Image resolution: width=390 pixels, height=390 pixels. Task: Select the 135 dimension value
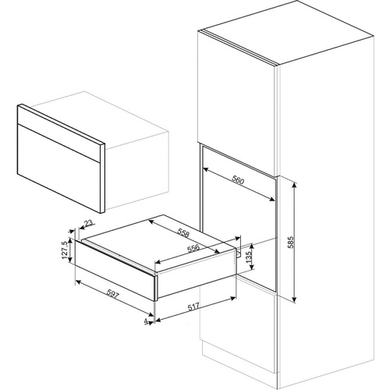pyautogui.click(x=248, y=257)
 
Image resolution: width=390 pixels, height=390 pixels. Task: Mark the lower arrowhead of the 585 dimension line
pyautogui.click(x=294, y=300)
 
